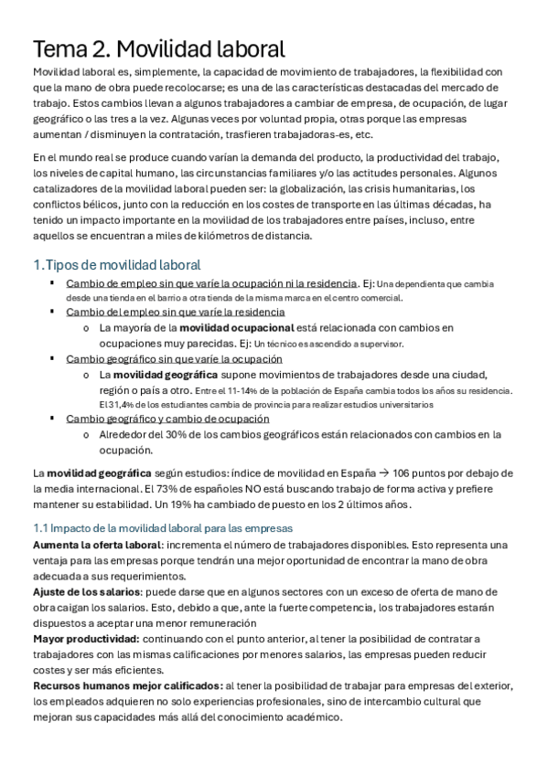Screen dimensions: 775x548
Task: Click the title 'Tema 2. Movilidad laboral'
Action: (159, 48)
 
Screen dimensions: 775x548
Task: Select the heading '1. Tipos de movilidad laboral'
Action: (116, 265)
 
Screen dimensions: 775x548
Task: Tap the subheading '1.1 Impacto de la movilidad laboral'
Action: (162, 528)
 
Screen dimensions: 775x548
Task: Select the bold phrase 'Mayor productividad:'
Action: (87, 639)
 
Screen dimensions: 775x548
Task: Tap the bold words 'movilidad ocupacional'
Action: (236, 327)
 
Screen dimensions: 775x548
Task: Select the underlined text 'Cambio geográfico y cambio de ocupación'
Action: (167, 419)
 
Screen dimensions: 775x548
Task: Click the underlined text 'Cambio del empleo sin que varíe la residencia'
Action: (175, 312)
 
